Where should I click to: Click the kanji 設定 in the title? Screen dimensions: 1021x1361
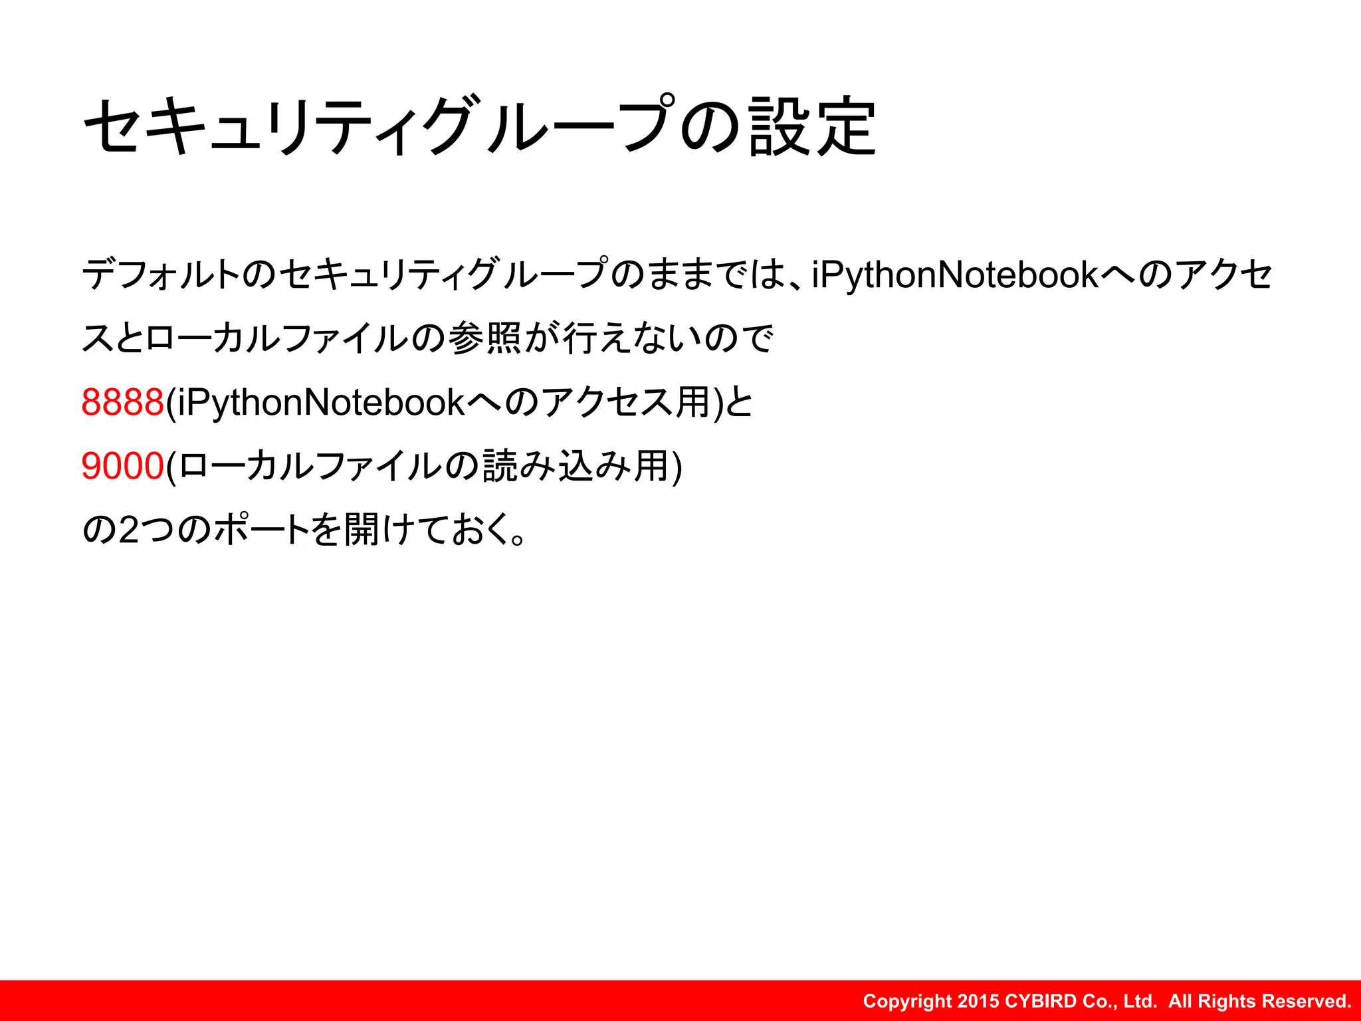point(812,126)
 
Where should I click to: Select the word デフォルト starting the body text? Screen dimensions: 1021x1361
point(160,275)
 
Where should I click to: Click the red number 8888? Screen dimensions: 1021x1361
point(122,402)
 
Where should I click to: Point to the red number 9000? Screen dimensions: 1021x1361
point(122,465)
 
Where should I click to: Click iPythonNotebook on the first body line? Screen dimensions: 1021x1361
point(955,275)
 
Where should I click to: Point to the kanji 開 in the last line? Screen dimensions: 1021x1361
point(363,529)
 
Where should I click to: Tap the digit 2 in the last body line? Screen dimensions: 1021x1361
point(129,530)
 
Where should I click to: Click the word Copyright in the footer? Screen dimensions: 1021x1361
point(907,1001)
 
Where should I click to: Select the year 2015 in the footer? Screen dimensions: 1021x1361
point(979,1001)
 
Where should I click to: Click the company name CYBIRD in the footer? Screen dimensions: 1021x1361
point(1041,1001)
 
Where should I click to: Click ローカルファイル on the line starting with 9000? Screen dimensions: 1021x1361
point(310,465)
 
